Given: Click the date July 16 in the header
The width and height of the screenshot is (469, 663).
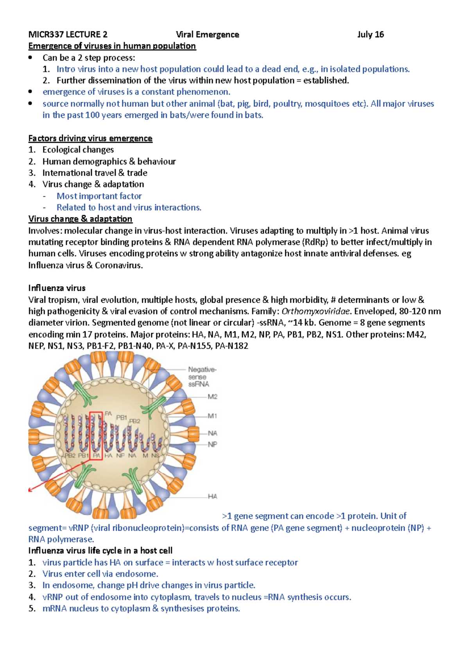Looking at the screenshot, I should (370, 34).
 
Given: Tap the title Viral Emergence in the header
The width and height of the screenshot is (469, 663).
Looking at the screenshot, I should (207, 34).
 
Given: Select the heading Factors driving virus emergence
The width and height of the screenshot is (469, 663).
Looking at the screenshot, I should (90, 138).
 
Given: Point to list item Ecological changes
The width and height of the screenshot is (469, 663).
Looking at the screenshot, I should (78, 150).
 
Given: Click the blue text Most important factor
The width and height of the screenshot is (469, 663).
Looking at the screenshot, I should (99, 196).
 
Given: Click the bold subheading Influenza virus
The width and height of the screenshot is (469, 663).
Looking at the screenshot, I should (57, 288).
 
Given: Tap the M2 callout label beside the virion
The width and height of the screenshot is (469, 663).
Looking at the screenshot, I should (212, 397).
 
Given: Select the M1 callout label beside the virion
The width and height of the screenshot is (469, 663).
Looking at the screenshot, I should (212, 416).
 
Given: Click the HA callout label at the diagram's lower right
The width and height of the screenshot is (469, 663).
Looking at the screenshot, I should (212, 496).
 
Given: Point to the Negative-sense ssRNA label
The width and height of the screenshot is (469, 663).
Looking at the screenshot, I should (202, 377).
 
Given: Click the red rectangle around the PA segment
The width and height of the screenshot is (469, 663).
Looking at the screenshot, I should (96, 435).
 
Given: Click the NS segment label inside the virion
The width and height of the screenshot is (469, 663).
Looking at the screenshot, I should (155, 455).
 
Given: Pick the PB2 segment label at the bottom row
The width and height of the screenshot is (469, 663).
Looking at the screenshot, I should (70, 455).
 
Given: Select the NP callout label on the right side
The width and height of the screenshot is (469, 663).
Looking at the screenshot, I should (212, 444).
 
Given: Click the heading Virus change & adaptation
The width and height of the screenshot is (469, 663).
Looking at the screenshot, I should (80, 219).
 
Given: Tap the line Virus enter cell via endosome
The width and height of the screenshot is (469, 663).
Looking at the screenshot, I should (100, 574).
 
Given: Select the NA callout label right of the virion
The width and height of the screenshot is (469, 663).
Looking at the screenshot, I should (212, 433).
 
